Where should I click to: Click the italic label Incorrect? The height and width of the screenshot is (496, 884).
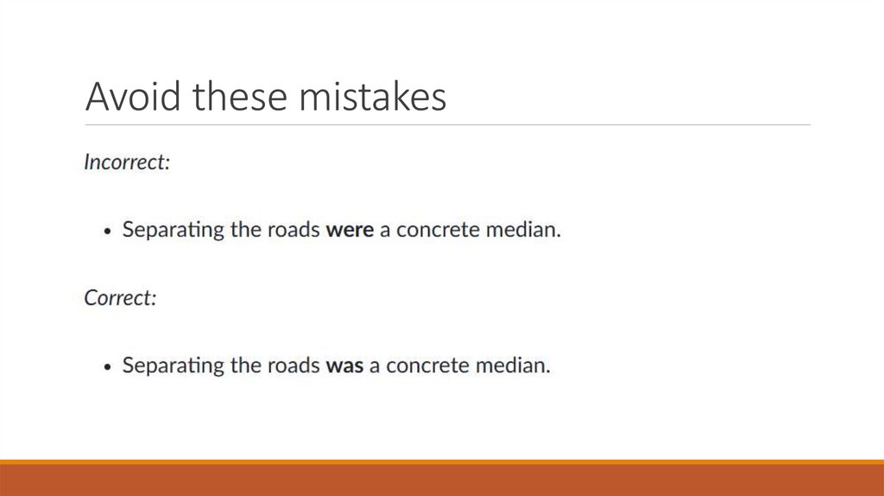pyautogui.click(x=126, y=162)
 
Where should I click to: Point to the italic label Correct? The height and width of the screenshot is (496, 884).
pyautogui.click(x=120, y=297)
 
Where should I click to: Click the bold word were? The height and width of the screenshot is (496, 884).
pyautogui.click(x=350, y=231)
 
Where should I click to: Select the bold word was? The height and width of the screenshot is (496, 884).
pyautogui.click(x=344, y=366)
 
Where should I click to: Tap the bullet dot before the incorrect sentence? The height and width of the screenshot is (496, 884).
pyautogui.click(x=107, y=232)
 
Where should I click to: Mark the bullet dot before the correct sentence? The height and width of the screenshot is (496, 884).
pyautogui.click(x=107, y=366)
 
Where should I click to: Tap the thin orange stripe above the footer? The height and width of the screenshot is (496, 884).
pyautogui.click(x=442, y=462)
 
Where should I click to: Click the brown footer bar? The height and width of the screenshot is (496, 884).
pyautogui.click(x=442, y=481)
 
